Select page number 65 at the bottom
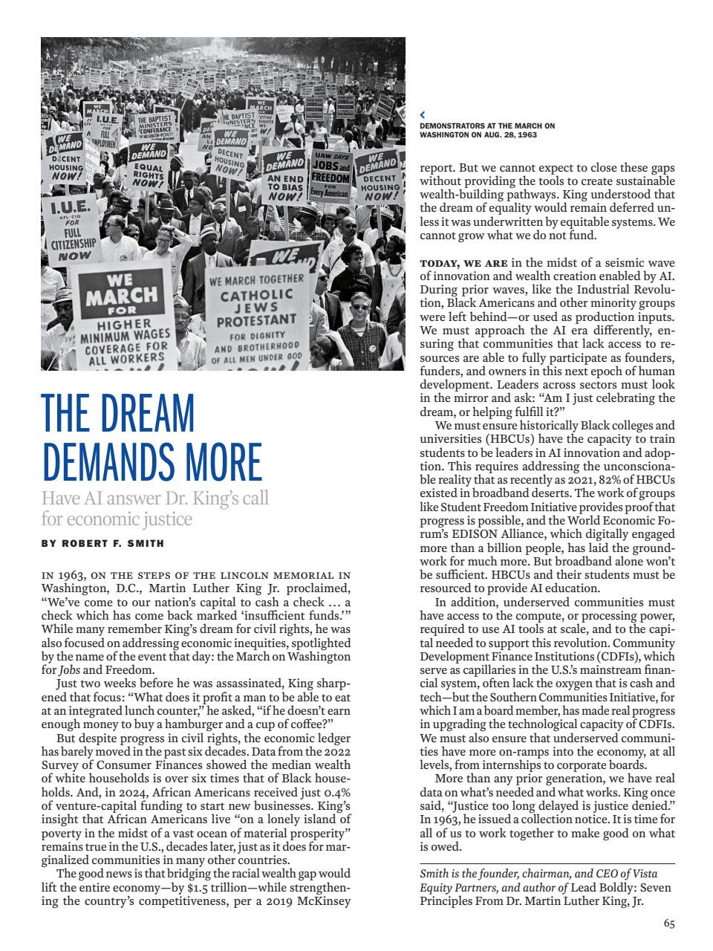tap(669, 924)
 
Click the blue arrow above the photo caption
tap(423, 115)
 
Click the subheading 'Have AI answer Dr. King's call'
tap(154, 498)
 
